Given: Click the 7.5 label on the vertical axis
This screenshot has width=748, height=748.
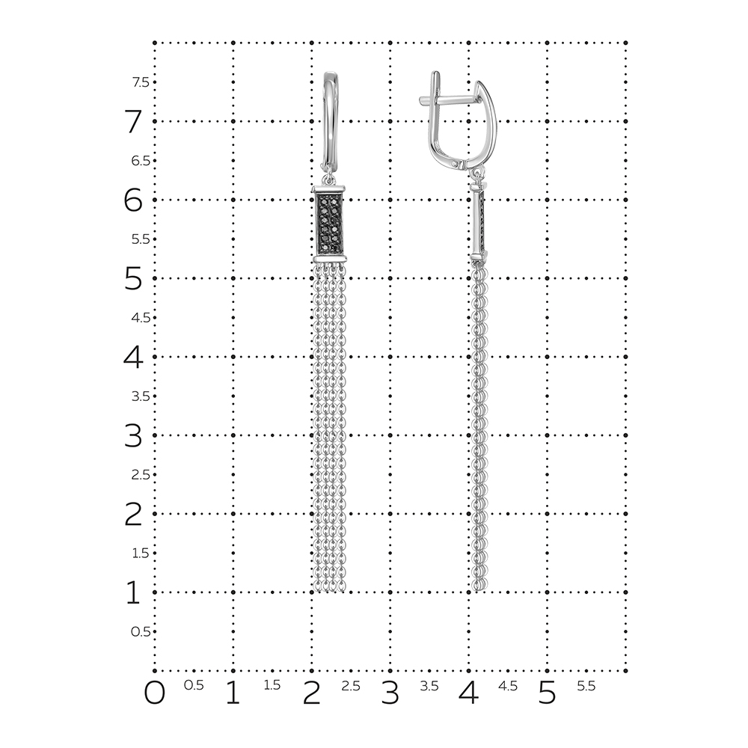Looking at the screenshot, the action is (x=141, y=82).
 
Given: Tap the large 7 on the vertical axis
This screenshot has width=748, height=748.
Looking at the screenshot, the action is (x=134, y=121).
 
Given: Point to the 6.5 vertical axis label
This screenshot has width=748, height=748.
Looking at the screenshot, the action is (x=141, y=161).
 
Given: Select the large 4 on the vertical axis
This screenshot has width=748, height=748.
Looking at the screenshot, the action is (x=133, y=357).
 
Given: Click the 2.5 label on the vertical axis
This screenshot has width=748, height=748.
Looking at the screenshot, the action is (x=141, y=475).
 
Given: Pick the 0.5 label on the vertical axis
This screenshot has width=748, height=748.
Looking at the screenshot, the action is (x=141, y=631).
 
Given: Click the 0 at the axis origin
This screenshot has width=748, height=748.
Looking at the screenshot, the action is (x=155, y=693).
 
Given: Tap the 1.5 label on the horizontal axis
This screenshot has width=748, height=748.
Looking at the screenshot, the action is (x=272, y=685).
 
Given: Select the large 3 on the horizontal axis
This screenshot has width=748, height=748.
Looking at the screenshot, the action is (x=390, y=693).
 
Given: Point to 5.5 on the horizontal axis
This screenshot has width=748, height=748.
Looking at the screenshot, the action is (x=586, y=685).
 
